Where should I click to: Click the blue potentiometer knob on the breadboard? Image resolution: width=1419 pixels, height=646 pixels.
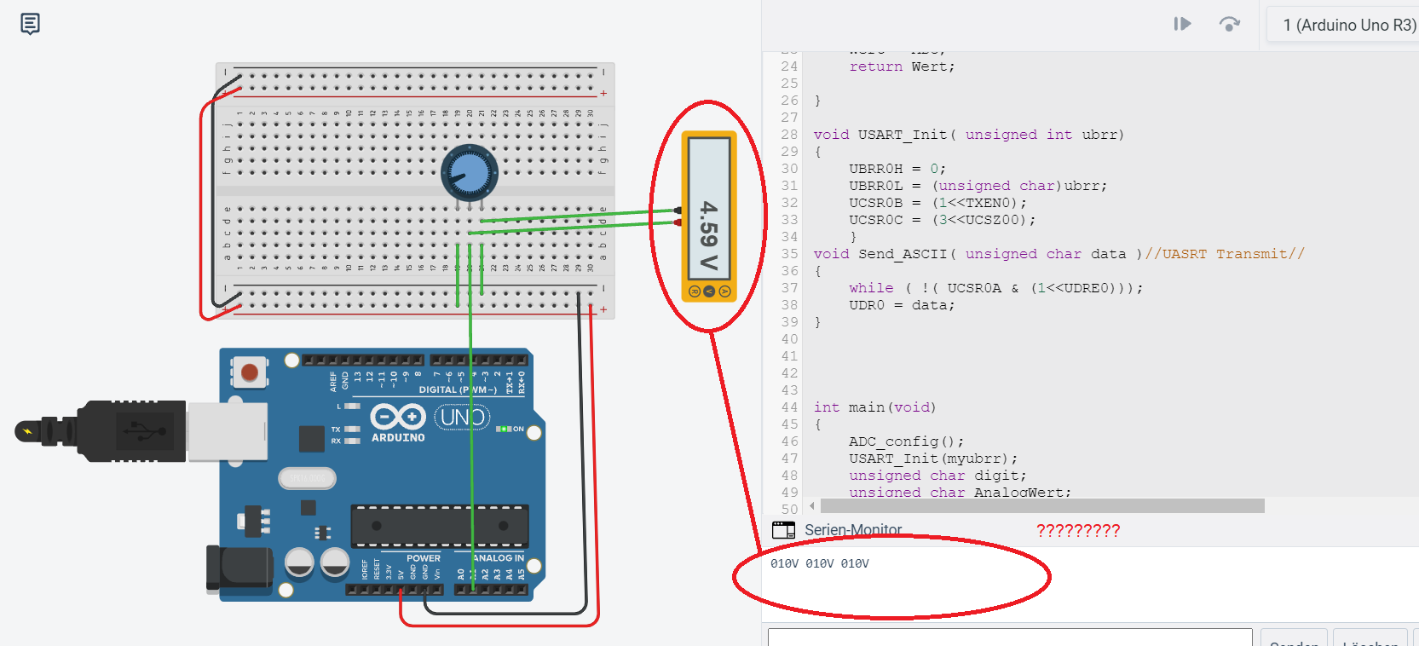tap(469, 173)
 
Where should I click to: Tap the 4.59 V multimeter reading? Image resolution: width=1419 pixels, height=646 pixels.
tap(708, 234)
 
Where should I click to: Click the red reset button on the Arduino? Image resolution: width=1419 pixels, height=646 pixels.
tap(250, 372)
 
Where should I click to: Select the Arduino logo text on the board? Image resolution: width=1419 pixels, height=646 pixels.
tap(398, 437)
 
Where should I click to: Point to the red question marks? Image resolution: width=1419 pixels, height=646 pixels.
tap(1078, 531)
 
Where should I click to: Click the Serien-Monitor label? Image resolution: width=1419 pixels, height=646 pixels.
tap(853, 530)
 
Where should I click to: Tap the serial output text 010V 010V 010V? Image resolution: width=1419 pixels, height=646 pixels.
tap(819, 563)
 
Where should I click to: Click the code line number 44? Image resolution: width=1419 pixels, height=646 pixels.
tap(789, 407)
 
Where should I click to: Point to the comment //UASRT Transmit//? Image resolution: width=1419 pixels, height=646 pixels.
tap(1225, 254)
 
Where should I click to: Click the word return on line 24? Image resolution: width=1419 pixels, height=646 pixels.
tap(875, 66)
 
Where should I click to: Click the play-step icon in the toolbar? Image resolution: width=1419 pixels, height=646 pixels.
tap(1182, 24)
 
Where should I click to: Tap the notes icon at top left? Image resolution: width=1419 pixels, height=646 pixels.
tap(30, 24)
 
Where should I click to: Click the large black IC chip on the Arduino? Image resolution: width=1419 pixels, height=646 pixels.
tap(440, 526)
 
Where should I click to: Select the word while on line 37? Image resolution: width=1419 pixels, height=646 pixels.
tap(871, 288)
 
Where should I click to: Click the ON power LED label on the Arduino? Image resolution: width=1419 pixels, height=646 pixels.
tap(518, 429)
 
